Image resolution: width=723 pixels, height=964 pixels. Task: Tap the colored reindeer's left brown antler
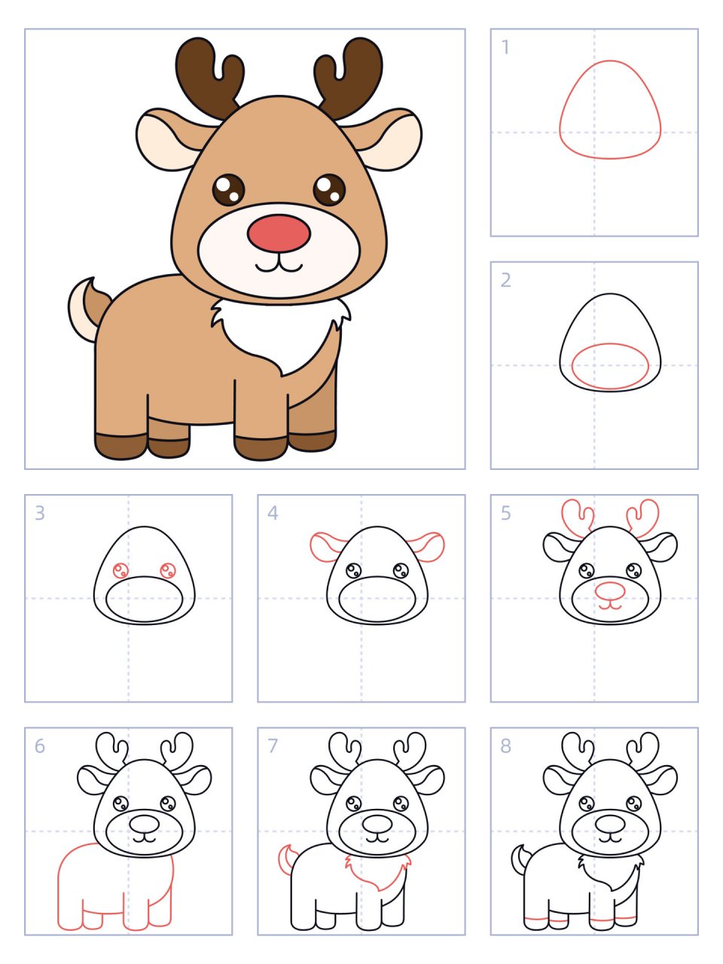(x=207, y=75)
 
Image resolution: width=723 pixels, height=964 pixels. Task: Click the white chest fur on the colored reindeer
(x=282, y=331)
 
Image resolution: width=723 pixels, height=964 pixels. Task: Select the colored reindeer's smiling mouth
(x=279, y=266)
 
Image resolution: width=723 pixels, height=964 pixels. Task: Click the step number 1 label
(x=505, y=47)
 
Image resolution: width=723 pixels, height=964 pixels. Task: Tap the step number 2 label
(x=505, y=280)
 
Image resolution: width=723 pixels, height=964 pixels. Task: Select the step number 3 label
(x=40, y=513)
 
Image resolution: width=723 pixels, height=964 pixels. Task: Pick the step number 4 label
(x=273, y=513)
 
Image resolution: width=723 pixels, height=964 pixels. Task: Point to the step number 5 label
(x=505, y=513)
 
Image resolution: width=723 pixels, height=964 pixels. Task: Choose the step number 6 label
(x=40, y=746)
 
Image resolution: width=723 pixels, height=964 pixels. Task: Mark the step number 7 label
(x=273, y=746)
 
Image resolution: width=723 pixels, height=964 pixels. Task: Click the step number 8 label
(x=505, y=746)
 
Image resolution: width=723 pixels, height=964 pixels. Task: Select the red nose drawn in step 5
(x=610, y=590)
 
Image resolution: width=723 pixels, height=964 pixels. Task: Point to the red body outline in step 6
(x=59, y=889)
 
